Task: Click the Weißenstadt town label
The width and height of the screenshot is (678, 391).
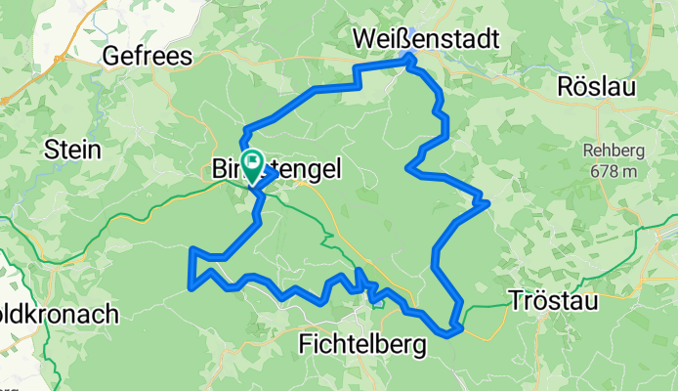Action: pos(425,39)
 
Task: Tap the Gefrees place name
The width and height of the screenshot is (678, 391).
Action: pos(148,57)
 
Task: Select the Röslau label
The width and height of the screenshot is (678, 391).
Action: pos(596,86)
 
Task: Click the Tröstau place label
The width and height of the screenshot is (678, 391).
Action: pos(554,300)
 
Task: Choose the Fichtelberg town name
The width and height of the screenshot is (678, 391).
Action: pos(362,344)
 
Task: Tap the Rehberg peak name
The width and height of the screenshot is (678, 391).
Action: pos(614,151)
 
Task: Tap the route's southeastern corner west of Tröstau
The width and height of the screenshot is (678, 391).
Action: pos(453,330)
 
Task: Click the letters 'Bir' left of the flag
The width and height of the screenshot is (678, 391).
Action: pos(227,170)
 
